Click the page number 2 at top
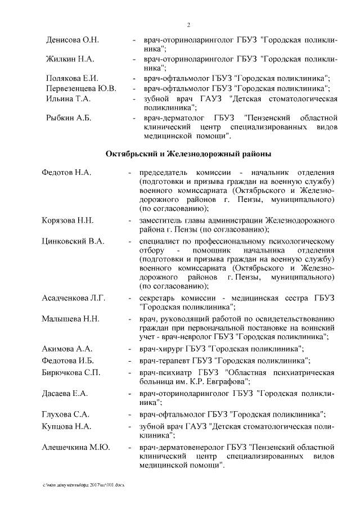pyautogui.click(x=188, y=25)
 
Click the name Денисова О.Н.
pyautogui.click(x=72, y=41)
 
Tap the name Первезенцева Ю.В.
pyautogui.click(x=81, y=88)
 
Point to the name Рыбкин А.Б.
pyautogui.click(x=68, y=118)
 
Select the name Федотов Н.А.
pyautogui.click(x=66, y=172)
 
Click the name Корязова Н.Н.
pyautogui.click(x=67, y=219)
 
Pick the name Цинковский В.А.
pyautogui.click(x=73, y=241)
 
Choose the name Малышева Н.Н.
pyautogui.click(x=70, y=319)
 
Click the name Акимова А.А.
pyautogui.click(x=67, y=349)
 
